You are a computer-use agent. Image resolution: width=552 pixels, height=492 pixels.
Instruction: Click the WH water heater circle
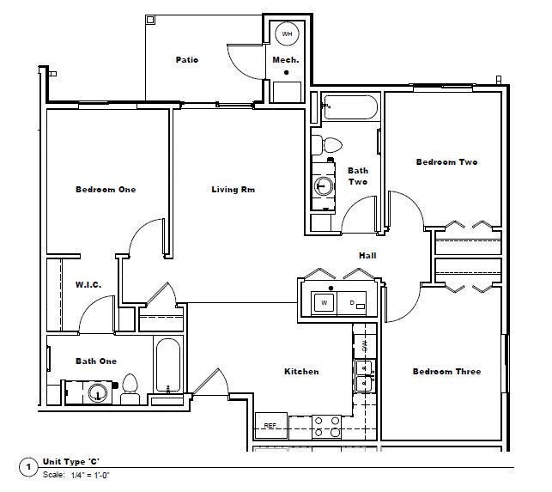(x=287, y=33)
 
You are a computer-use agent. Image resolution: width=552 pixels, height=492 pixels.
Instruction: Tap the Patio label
(x=187, y=59)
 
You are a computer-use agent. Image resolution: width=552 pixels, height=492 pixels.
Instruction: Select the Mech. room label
(x=285, y=59)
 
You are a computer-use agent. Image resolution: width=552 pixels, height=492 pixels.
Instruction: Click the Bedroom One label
(x=106, y=189)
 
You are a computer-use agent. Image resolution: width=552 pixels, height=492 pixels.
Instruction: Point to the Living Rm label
(x=234, y=189)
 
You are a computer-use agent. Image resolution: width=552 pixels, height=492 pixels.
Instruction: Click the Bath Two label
(x=358, y=176)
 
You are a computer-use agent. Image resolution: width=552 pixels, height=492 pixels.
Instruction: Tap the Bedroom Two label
(x=446, y=161)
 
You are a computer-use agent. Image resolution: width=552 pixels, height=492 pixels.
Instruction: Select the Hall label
(x=367, y=255)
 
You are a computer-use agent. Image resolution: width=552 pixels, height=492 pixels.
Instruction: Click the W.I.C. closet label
(x=90, y=284)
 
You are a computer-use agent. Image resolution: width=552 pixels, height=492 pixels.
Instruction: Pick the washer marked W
(x=324, y=302)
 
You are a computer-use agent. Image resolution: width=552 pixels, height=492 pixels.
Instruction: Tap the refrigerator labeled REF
(x=270, y=425)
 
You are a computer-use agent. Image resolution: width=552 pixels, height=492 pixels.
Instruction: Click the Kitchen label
(x=301, y=371)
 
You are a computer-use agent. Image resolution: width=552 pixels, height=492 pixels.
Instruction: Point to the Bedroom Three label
(x=446, y=371)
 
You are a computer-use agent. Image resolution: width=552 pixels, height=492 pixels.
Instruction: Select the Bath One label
(x=95, y=361)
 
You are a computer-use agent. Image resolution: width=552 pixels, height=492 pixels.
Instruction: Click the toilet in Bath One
(x=130, y=388)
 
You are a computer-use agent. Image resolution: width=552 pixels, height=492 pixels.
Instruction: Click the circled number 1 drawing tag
(x=29, y=467)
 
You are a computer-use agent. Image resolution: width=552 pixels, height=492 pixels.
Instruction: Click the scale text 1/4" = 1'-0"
(x=89, y=474)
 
